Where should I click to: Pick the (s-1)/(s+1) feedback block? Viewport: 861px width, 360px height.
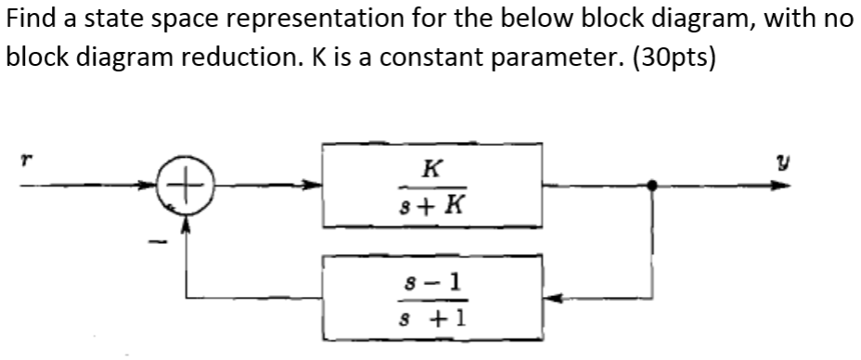431,298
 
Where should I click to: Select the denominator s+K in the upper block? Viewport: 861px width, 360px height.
430,201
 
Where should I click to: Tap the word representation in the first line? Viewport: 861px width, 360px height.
307,20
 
